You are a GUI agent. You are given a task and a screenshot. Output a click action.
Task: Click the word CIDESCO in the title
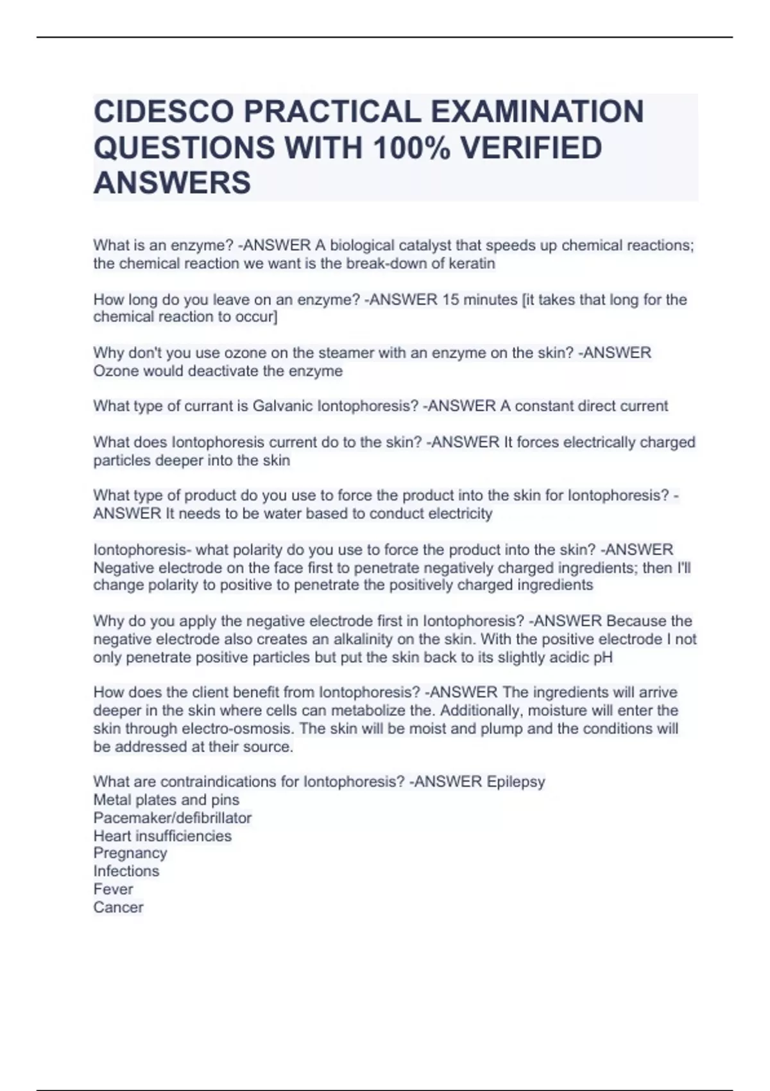[x=163, y=112]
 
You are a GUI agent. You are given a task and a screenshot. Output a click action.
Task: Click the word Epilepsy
[x=516, y=782]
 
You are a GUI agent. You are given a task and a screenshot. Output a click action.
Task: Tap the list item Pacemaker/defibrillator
[x=173, y=818]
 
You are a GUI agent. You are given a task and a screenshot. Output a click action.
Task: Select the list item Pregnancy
[x=130, y=854]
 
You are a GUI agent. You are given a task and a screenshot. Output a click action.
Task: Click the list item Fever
[x=114, y=889]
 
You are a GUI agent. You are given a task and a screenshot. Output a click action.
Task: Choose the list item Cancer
[x=118, y=907]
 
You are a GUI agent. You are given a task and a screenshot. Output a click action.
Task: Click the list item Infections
[x=126, y=872]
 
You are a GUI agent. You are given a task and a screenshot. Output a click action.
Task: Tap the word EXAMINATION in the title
[x=536, y=112]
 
